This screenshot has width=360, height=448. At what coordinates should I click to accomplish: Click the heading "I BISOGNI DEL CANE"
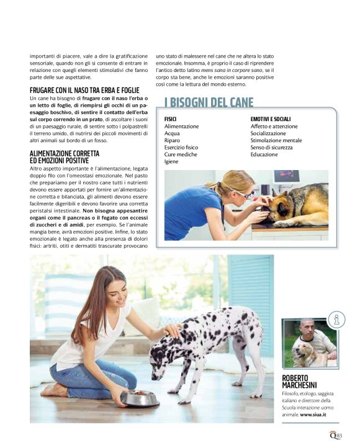click(209, 102)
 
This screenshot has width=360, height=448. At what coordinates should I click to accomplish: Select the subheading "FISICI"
click(170, 119)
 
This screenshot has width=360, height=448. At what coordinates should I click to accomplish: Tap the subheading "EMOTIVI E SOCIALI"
click(271, 119)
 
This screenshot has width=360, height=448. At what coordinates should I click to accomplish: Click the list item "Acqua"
click(172, 133)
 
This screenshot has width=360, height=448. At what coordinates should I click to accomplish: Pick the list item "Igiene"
click(171, 161)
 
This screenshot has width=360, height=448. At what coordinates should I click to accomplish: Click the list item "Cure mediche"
click(181, 155)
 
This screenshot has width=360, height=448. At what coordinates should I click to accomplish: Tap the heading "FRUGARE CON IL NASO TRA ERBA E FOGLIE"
click(84, 91)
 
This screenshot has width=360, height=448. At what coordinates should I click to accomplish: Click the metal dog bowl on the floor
click(139, 397)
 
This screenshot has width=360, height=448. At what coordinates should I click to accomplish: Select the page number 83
click(339, 436)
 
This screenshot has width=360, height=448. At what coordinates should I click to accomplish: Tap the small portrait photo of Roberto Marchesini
click(309, 343)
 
